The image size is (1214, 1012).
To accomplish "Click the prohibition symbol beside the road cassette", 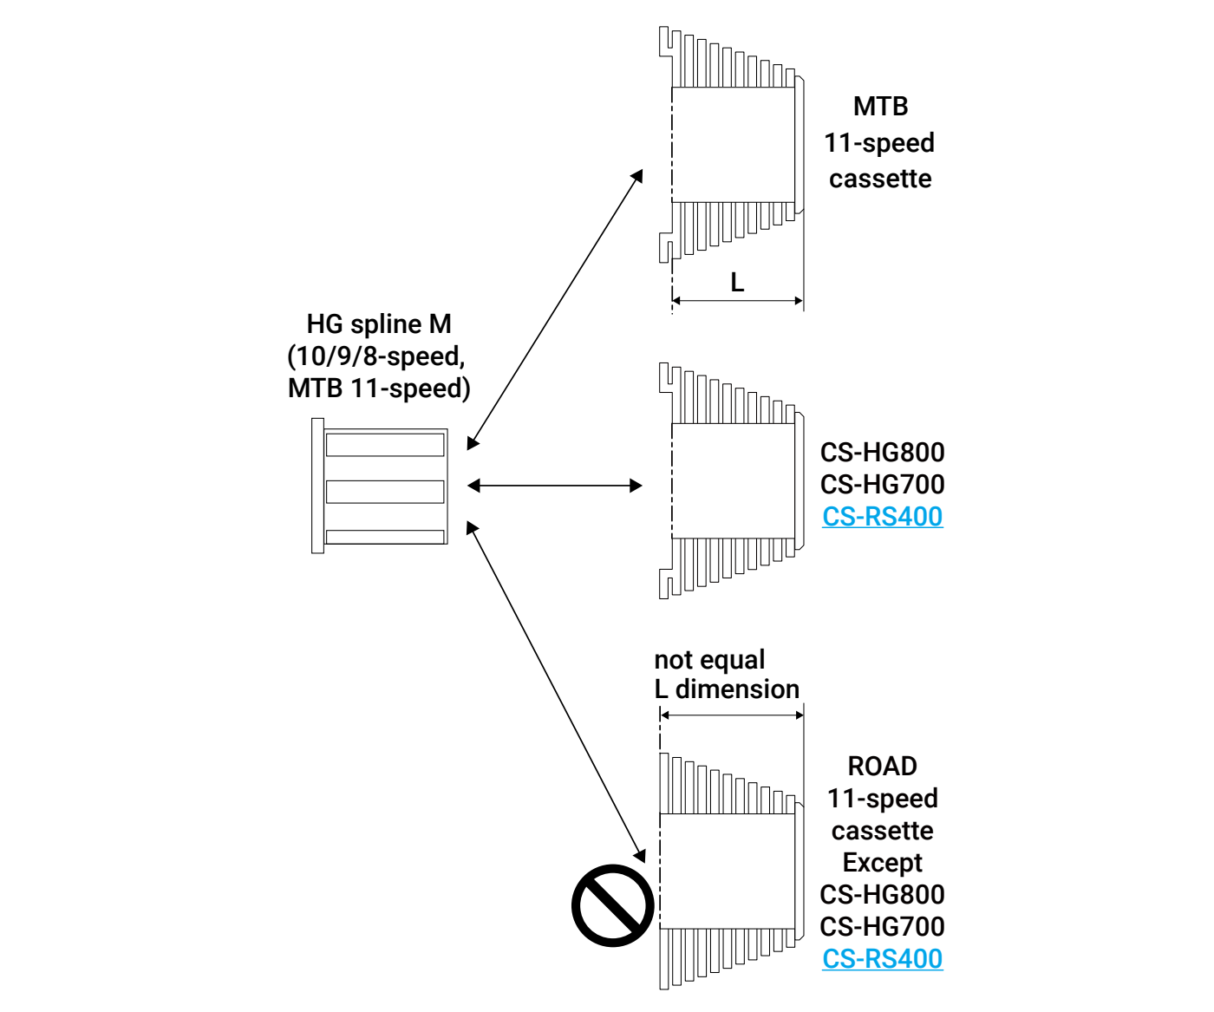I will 612,904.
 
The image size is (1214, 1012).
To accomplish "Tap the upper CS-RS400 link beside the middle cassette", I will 882,517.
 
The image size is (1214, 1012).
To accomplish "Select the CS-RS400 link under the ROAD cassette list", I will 882,959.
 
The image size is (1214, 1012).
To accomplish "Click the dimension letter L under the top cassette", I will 737,283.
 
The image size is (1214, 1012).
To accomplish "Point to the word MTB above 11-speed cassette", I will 880,107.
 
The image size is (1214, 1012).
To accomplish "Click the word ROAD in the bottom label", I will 882,767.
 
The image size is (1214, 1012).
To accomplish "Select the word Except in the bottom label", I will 882,863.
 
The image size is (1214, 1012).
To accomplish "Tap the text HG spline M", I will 379,324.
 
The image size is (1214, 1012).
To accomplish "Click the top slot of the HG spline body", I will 385,445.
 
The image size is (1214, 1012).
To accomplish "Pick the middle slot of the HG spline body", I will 385,492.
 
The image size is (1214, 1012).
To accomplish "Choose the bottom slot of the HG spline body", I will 385,537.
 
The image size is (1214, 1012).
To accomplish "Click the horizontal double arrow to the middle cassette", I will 555,486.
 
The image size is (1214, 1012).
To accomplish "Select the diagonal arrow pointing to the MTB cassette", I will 555,310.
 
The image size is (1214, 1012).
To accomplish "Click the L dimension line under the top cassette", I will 737,301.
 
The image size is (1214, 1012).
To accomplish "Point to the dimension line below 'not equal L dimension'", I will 732,715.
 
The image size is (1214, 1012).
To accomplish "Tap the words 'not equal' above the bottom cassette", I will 709,660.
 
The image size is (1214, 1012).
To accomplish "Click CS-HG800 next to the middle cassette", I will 882,453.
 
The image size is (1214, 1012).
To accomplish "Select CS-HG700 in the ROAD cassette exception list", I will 882,927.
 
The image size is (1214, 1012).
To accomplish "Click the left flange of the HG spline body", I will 317,486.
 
